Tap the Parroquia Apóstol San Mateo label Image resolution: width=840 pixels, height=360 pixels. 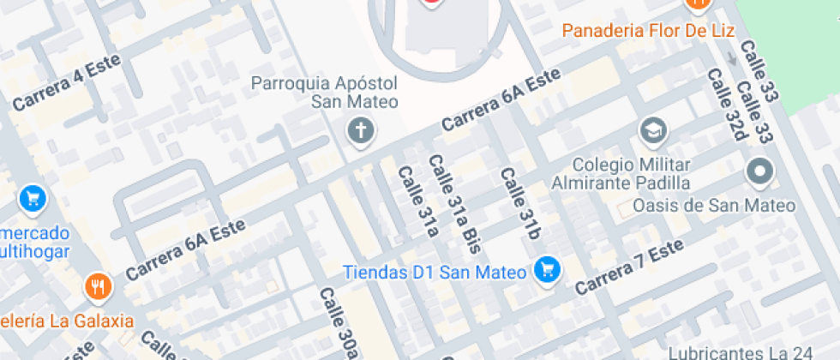324,93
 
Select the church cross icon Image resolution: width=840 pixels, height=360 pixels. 361,131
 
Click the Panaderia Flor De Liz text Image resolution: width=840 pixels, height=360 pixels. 649,31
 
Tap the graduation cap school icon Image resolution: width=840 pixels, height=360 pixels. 653,131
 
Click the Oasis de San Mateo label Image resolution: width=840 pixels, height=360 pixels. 714,206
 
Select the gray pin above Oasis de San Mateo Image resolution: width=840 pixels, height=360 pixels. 759,171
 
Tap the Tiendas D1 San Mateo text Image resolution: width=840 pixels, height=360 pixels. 434,273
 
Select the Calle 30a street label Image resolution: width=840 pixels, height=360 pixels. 338,321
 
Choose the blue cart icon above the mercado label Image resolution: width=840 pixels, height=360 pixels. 33,199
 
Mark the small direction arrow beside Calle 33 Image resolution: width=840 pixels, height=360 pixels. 731,59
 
